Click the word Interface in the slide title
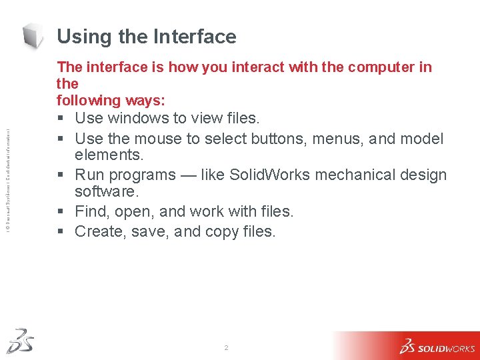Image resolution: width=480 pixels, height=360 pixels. tap(195, 37)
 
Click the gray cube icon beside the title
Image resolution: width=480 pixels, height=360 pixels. tap(34, 36)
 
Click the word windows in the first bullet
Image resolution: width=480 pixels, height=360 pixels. tap(132, 119)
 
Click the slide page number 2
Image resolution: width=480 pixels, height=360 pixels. tap(227, 349)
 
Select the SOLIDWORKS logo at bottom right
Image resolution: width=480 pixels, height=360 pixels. tap(437, 346)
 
